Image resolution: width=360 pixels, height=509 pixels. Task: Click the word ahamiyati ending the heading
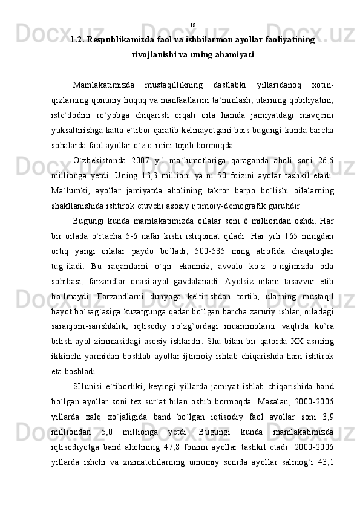click(233, 54)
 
